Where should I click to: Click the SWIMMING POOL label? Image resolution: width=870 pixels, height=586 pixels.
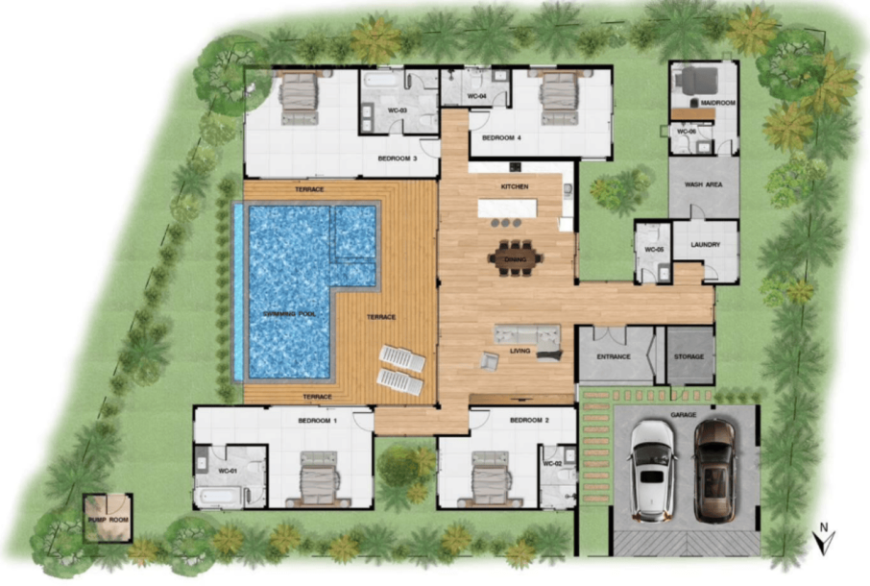[292, 314]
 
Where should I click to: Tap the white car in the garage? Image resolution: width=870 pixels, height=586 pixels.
[653, 470]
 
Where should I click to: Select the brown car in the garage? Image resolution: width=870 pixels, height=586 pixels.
[714, 469]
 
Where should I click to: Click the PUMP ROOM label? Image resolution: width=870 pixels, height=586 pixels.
[107, 520]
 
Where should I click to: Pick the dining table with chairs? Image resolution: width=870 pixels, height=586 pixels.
[516, 257]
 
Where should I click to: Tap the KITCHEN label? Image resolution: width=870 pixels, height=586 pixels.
[515, 186]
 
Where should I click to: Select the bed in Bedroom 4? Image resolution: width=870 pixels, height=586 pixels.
[557, 98]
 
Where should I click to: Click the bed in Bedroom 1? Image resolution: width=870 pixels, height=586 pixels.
[317, 478]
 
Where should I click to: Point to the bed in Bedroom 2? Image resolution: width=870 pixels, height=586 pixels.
[489, 478]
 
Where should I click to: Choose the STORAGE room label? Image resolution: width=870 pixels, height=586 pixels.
[689, 356]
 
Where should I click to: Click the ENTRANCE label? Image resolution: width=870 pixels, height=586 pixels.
[614, 356]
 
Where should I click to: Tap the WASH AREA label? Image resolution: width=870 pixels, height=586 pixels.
[703, 184]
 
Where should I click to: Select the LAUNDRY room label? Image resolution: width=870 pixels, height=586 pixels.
[704, 245]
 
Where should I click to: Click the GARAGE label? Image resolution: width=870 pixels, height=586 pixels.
[684, 414]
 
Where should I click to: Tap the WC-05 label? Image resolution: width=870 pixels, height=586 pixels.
[654, 250]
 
